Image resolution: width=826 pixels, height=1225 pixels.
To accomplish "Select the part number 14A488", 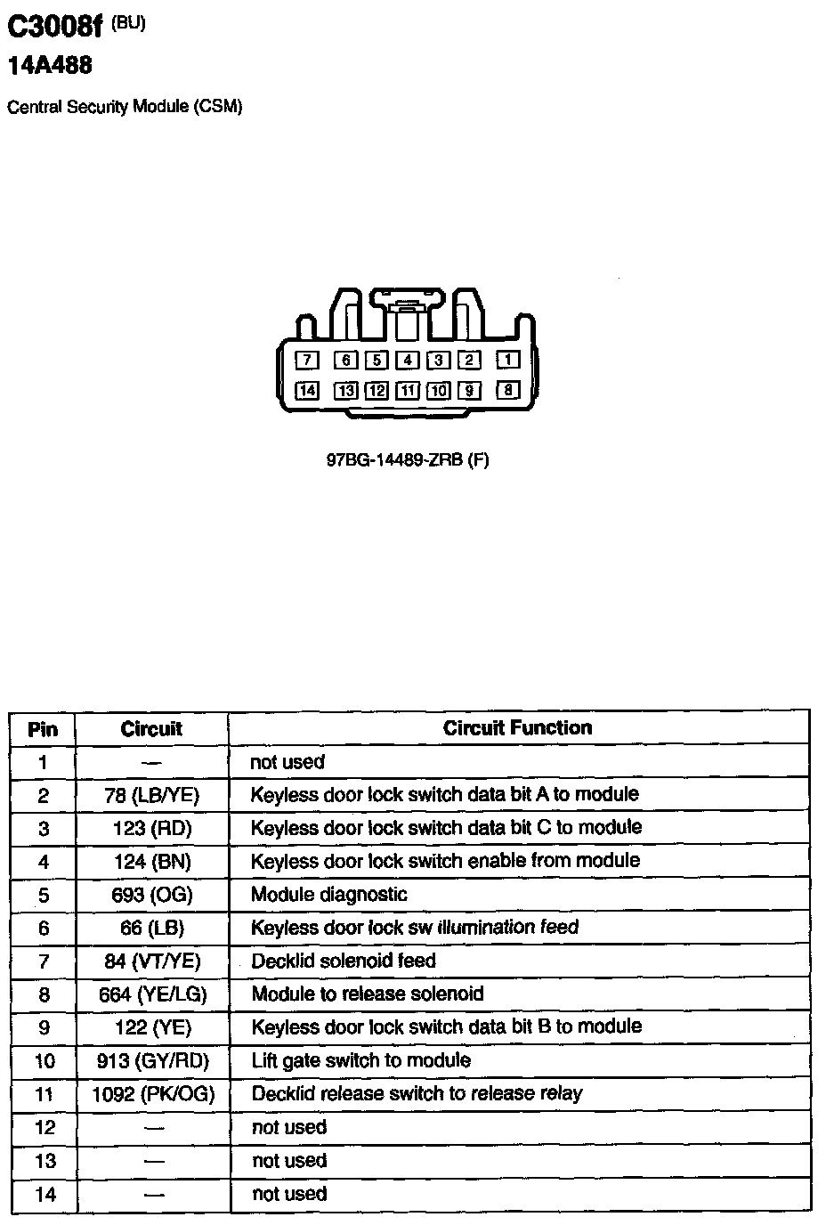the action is [x=50, y=65].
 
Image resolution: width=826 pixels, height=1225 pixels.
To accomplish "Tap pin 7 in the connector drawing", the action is [x=307, y=360].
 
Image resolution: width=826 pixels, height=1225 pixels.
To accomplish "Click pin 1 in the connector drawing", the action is [x=507, y=360].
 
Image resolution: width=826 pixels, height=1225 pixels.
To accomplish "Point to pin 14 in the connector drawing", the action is [x=307, y=390].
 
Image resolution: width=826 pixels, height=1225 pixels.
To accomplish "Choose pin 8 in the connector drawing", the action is [x=507, y=390].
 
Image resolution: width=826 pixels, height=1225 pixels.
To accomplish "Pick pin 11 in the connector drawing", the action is [x=408, y=390].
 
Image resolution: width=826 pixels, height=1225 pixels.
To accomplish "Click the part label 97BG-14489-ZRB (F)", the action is [x=408, y=460].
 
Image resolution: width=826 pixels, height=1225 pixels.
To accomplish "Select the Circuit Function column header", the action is [x=517, y=727].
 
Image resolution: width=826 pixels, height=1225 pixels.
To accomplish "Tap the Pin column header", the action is [x=43, y=729].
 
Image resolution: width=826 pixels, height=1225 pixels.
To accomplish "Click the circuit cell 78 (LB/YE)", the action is [x=151, y=795].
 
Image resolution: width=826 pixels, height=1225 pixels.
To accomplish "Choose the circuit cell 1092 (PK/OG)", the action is [x=153, y=1094].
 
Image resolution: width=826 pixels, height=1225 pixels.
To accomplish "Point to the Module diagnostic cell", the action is [x=329, y=894].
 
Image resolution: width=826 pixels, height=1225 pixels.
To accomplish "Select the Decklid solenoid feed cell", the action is [x=344, y=961].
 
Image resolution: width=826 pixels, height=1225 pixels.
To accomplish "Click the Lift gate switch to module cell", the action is [x=361, y=1060].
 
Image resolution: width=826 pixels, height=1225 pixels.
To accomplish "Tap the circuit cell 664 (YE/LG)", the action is [x=152, y=994].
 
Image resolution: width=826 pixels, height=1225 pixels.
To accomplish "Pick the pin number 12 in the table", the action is [x=45, y=1128].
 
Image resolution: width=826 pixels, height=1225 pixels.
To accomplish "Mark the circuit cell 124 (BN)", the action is [x=152, y=862].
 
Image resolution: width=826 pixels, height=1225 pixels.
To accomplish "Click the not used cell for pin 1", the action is [x=287, y=762].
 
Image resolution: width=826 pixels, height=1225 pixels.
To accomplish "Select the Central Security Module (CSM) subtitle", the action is [x=125, y=107].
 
